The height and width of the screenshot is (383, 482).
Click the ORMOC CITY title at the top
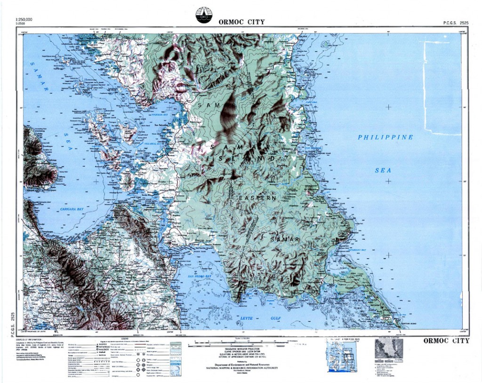[241, 22]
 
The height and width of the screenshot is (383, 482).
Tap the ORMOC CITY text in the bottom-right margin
[446, 341]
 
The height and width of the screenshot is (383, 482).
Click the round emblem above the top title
[204, 15]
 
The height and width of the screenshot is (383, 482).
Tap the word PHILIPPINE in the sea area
[385, 137]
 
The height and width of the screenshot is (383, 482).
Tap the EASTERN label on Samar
[257, 198]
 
